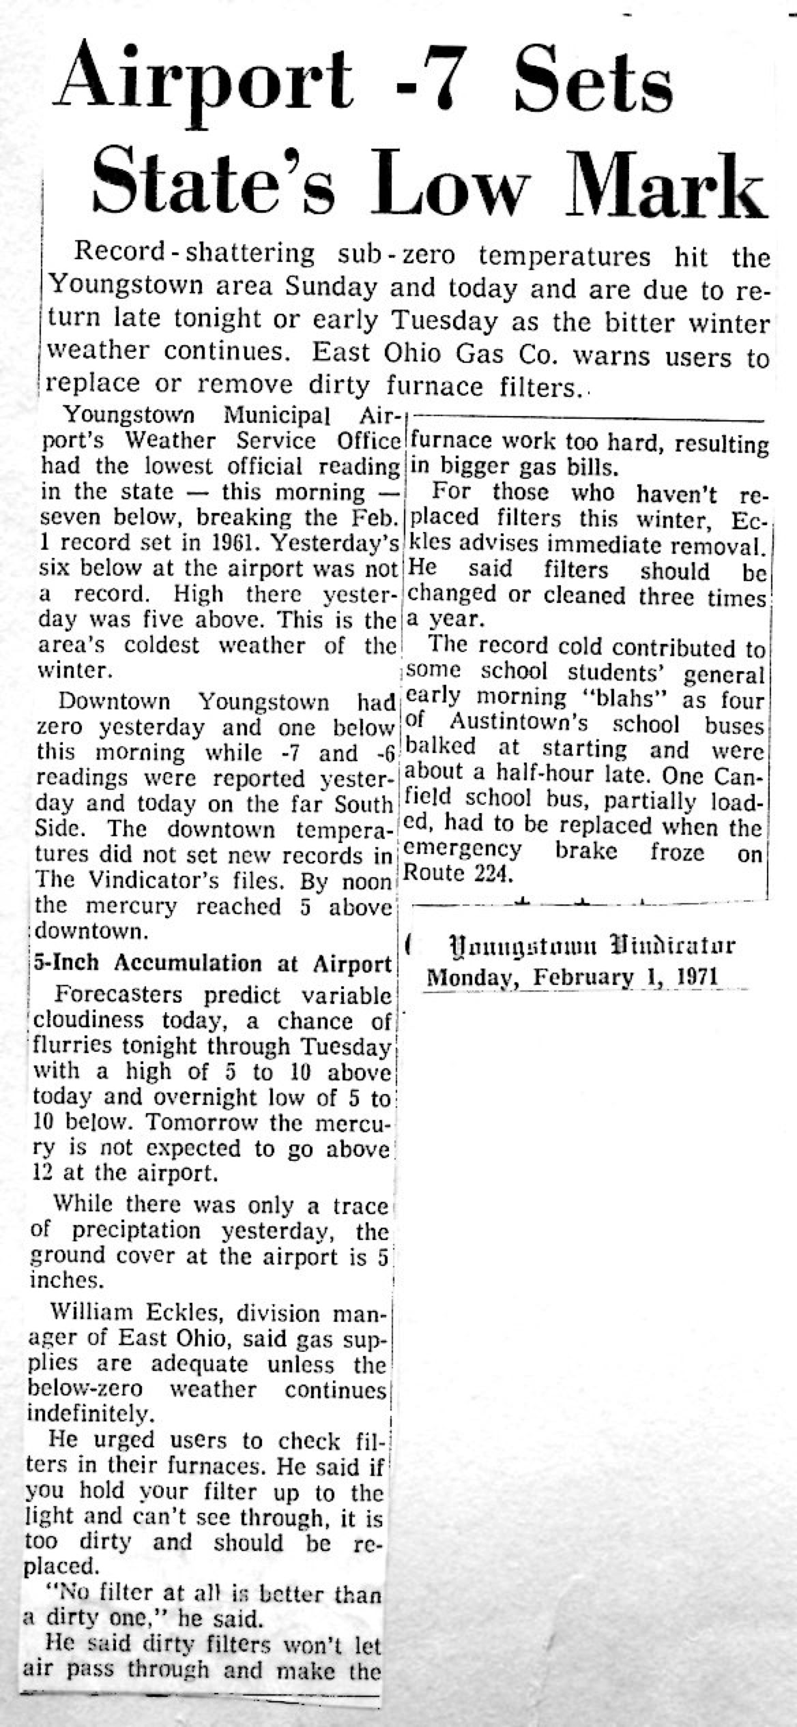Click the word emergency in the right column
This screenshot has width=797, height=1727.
pos(464,851)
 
